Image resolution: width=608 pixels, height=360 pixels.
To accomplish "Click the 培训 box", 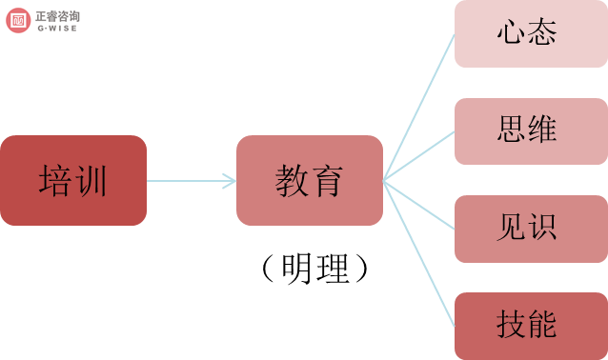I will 73,180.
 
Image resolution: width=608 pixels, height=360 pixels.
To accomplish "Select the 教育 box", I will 309,180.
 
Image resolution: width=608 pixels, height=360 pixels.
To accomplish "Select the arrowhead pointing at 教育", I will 230,180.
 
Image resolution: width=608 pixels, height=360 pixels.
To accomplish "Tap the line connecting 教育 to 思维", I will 419,155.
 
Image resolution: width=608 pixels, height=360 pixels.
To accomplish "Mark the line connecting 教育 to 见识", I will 419,205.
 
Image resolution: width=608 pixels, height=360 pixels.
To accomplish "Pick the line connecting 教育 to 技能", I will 419,251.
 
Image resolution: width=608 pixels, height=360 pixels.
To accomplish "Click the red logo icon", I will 18,17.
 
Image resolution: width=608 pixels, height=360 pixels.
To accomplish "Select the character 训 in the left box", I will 91,180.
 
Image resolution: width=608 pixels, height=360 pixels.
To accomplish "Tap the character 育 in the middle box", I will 327,180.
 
